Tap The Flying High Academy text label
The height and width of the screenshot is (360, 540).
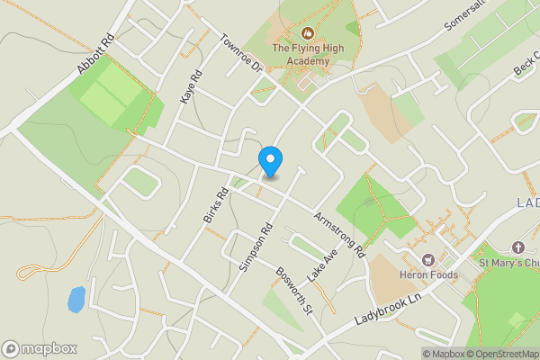click(301, 54)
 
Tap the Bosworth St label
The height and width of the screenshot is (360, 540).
click(293, 290)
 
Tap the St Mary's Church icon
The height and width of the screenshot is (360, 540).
click(517, 247)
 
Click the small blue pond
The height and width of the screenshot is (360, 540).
click(76, 299)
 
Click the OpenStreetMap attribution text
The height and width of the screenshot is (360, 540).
click(500, 354)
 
